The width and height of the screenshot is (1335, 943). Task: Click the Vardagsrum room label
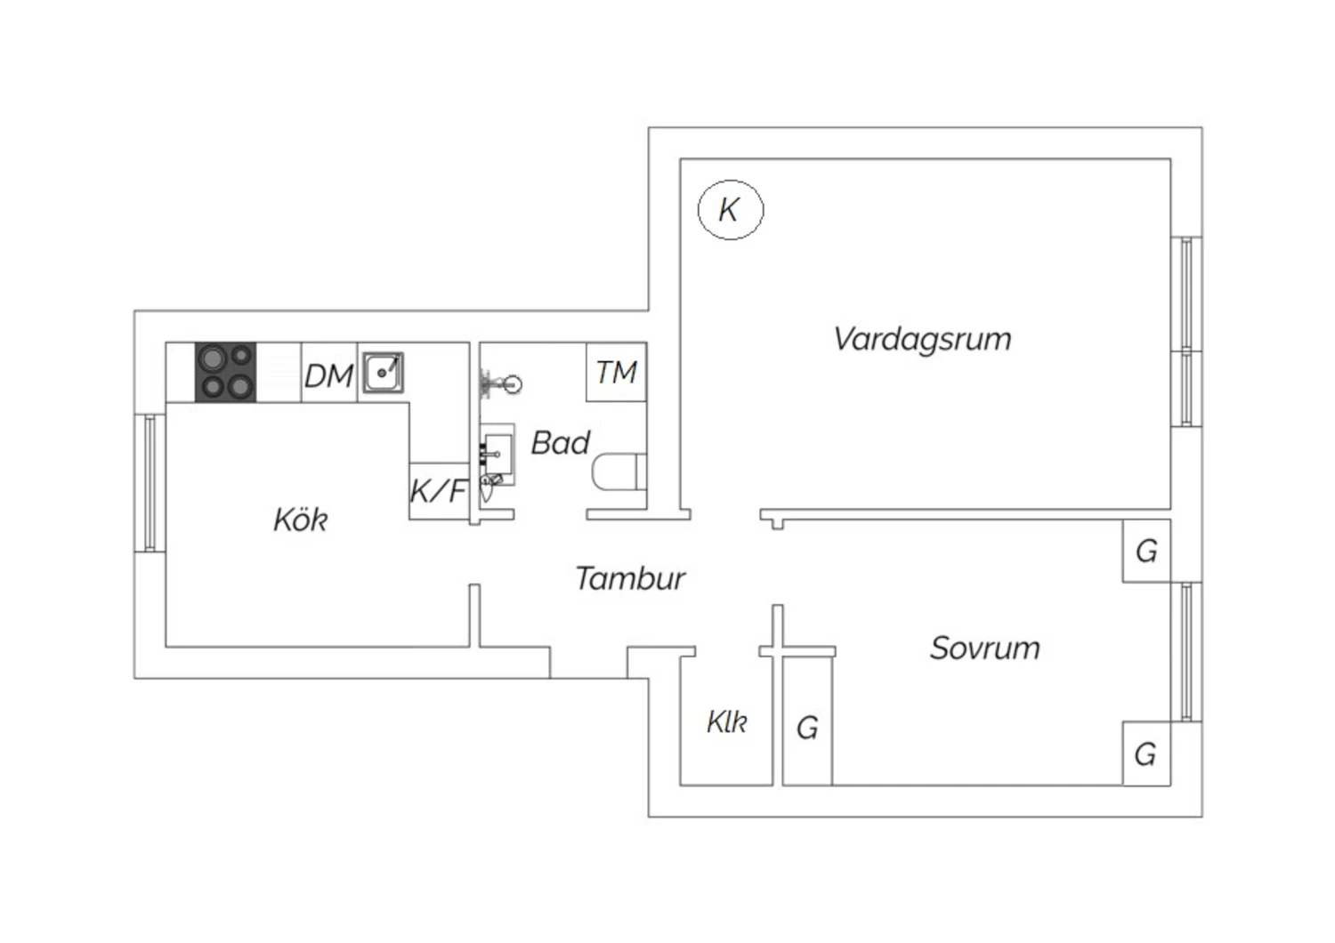922,339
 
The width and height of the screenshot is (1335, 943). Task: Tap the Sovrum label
984,649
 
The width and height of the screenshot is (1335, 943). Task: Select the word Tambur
630,578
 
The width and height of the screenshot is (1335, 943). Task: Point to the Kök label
301,520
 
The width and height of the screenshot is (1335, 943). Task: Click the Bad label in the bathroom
560,443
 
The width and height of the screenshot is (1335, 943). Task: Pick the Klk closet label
726,722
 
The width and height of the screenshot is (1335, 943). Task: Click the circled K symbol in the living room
731,210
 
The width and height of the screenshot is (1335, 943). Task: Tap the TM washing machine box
616,372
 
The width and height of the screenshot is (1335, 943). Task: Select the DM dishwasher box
329,373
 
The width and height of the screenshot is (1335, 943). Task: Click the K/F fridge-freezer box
439,491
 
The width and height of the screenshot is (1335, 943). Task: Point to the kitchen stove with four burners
226,373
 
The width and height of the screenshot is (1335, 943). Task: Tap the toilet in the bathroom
619,471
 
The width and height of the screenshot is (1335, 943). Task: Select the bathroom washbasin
498,454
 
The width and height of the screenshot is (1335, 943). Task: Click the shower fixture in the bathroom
500,383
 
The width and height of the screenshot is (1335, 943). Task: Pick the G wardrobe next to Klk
807,721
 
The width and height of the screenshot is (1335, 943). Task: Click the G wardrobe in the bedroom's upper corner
1146,551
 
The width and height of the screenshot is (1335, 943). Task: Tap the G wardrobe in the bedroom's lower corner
1146,754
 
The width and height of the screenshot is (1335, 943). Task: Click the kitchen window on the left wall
150,483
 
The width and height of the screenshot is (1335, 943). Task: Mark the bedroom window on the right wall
1186,652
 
